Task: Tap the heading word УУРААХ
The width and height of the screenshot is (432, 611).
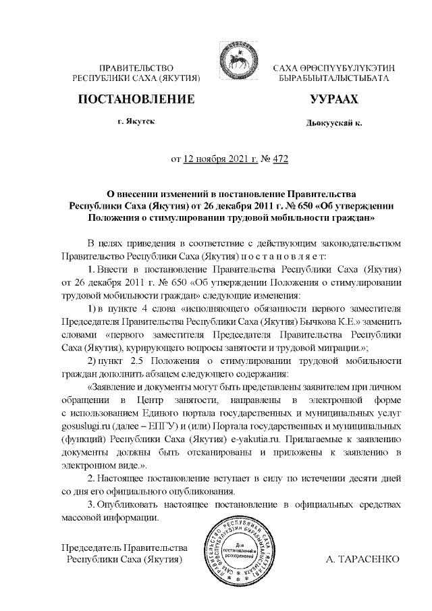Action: point(333,99)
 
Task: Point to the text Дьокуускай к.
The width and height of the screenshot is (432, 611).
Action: point(333,124)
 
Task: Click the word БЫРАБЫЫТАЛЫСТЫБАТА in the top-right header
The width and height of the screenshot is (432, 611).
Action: point(333,78)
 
